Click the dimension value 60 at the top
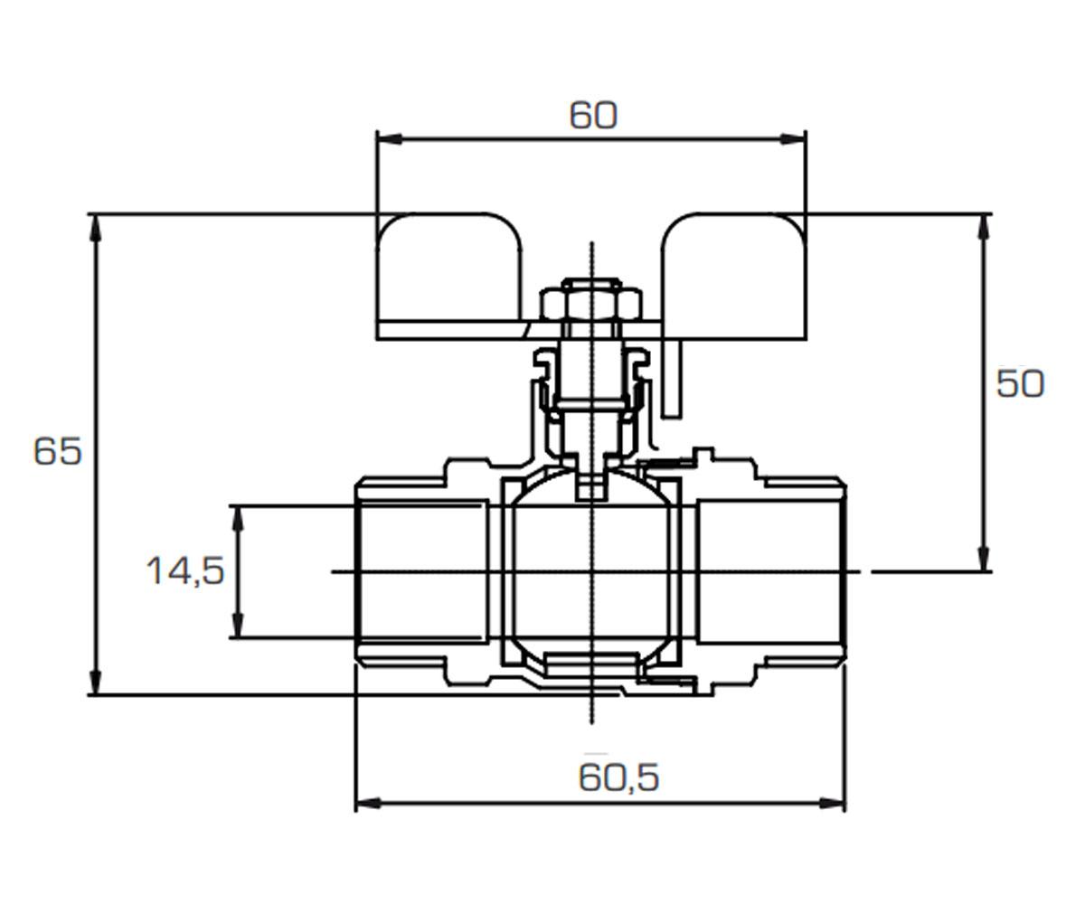(593, 116)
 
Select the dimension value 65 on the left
(57, 451)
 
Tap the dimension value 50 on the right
(1020, 384)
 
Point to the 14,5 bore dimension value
(185, 571)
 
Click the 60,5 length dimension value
(618, 777)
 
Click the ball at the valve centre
(591, 571)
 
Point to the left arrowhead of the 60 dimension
(389, 138)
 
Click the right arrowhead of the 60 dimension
(794, 138)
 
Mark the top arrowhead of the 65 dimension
(95, 228)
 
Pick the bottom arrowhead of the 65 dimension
(95, 681)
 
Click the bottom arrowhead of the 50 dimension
(983, 559)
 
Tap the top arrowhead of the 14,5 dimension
(238, 518)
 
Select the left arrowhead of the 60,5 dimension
(368, 804)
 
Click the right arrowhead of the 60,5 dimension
(833, 804)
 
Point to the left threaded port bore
(424, 571)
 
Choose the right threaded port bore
(771, 571)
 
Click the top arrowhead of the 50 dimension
(983, 228)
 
